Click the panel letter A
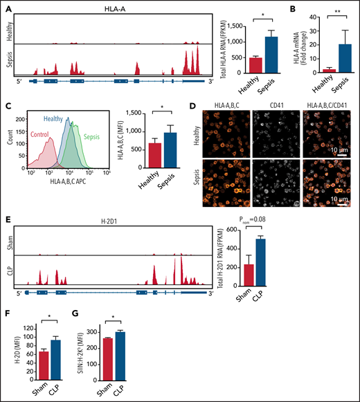click(x=8, y=5)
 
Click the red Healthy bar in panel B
click(x=320, y=70)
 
